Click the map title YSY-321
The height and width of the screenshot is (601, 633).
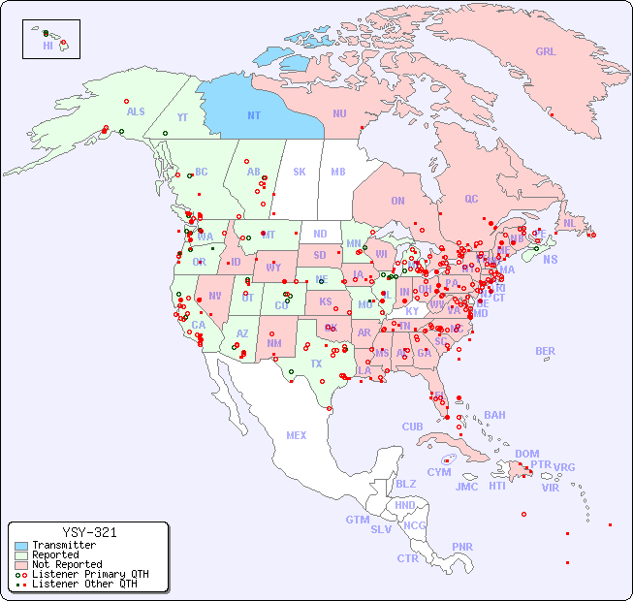89,532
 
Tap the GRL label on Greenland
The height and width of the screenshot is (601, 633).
546,52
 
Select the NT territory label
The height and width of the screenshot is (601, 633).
253,115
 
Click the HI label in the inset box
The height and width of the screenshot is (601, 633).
47,46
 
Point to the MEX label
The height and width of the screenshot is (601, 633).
297,435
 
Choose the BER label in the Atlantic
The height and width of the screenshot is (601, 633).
545,351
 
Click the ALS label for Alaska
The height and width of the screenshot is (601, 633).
136,111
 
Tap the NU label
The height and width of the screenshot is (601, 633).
339,113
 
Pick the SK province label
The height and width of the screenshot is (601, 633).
300,172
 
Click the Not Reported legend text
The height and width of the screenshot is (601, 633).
67,564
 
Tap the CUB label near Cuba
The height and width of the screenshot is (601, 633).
412,427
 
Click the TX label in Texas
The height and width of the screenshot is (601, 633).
315,364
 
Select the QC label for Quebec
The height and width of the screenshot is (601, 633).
471,199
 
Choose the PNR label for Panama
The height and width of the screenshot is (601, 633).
462,547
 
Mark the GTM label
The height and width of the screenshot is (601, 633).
357,520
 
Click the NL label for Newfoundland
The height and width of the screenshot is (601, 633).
569,223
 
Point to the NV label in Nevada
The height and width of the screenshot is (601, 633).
214,296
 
